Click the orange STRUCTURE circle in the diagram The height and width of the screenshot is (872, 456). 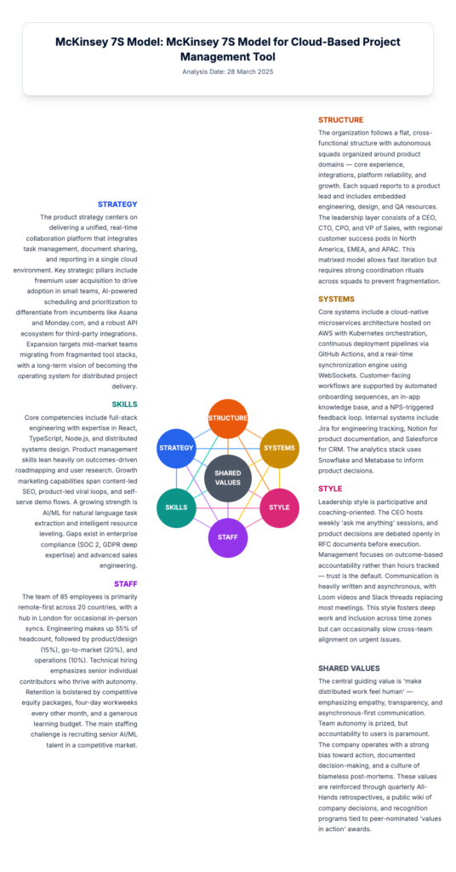coord(228,418)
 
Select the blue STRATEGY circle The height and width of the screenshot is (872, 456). coord(176,448)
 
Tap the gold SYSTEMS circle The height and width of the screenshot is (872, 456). coord(279,448)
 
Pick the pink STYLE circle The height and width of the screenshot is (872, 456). coord(279,508)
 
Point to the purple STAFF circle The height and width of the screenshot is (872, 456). coord(228,537)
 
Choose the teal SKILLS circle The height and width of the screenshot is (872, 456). coord(176,508)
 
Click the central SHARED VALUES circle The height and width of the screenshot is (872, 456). coord(228,478)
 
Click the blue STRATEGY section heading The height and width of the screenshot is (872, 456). coord(117,204)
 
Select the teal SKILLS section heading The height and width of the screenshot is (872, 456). coord(124,404)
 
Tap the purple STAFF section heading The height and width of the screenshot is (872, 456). coord(126,583)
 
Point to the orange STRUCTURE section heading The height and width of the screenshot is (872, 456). coord(340,119)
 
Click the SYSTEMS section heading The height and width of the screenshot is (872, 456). coord(337,299)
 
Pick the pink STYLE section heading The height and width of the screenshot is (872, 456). coord(330,489)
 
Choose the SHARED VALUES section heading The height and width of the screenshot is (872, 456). coord(349,668)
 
